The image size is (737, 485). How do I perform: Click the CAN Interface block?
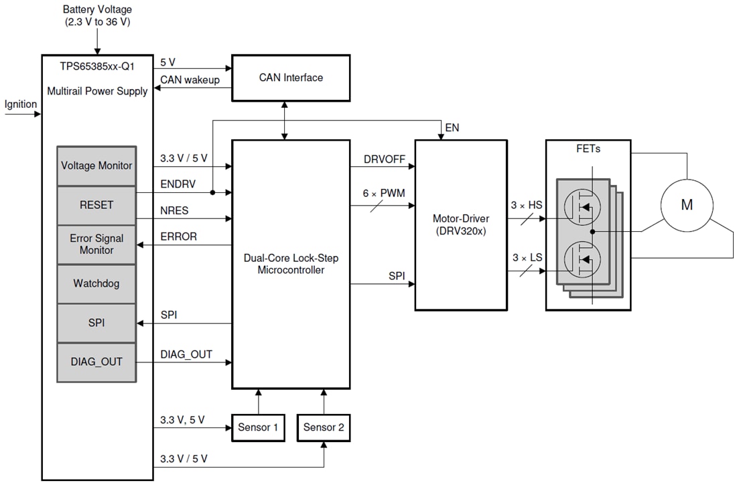(x=291, y=78)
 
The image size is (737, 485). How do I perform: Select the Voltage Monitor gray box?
(x=96, y=165)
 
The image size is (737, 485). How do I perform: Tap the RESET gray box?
(x=96, y=205)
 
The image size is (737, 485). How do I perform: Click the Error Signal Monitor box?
(x=96, y=244)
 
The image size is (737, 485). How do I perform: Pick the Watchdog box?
(x=96, y=283)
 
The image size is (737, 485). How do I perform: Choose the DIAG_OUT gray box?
(x=96, y=362)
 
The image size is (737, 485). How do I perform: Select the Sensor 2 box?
(x=324, y=427)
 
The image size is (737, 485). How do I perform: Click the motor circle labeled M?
(x=687, y=206)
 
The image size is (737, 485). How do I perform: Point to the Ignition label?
(x=21, y=105)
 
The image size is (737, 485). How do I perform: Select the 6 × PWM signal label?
(x=381, y=194)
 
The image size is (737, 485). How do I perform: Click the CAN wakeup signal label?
(x=190, y=80)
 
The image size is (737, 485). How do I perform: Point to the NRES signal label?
(x=174, y=210)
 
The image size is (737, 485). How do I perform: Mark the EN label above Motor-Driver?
(x=452, y=127)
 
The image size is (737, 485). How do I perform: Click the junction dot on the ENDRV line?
(x=212, y=192)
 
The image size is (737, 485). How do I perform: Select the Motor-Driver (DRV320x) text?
(x=460, y=224)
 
